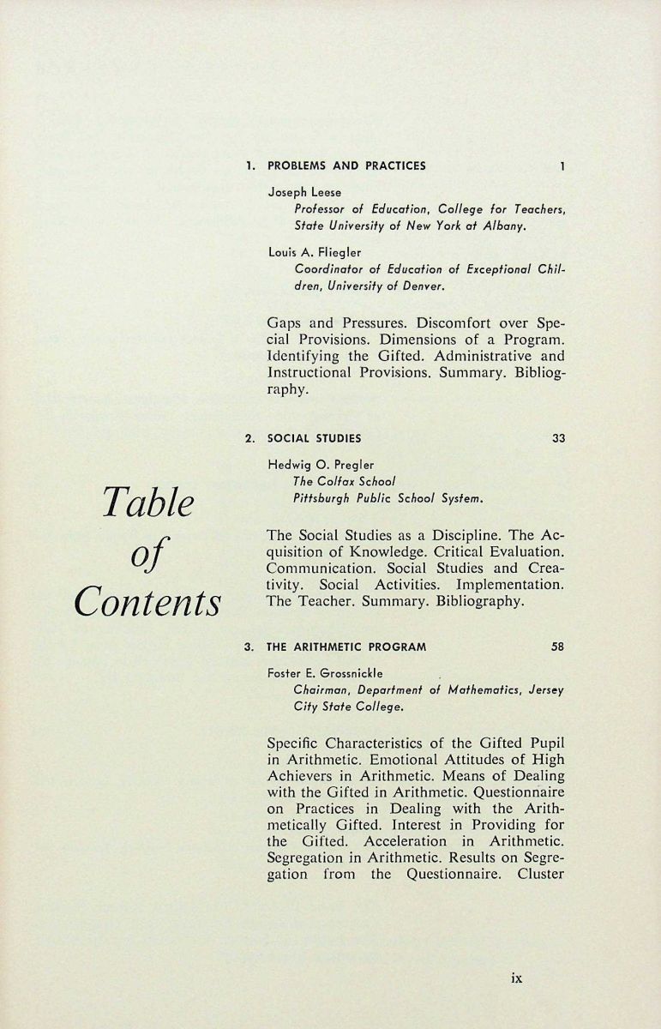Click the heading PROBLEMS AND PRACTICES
[x=346, y=165]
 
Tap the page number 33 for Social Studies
[x=558, y=438]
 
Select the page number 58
[x=558, y=647]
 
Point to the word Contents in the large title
[x=147, y=601]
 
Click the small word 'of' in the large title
[x=147, y=553]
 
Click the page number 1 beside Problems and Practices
[x=562, y=165]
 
